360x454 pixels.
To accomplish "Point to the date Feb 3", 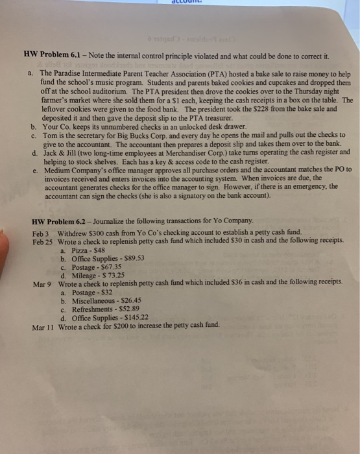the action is pos(41,232).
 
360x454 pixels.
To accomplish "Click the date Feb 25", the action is pos(43,240).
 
